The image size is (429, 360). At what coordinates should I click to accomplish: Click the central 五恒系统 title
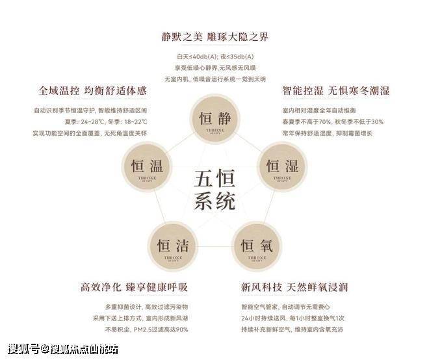tap(214, 189)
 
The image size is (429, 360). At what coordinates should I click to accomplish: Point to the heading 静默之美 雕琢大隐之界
tap(214, 36)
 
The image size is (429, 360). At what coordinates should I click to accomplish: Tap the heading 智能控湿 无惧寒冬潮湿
tap(335, 91)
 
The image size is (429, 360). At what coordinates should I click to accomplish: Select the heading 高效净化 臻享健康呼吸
tap(134, 287)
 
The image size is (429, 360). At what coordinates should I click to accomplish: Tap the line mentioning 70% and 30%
tap(332, 122)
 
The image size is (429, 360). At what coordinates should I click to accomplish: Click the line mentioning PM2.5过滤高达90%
tap(146, 329)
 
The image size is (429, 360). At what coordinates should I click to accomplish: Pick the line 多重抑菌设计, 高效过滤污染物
tap(146, 306)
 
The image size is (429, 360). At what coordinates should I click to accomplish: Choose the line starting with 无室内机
tap(214, 79)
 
